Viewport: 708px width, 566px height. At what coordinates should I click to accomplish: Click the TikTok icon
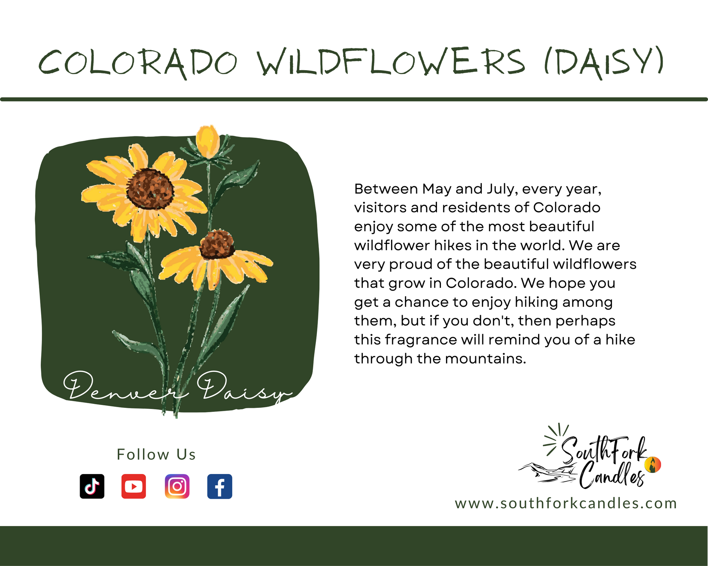(x=92, y=486)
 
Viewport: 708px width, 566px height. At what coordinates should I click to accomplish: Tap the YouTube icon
(x=134, y=486)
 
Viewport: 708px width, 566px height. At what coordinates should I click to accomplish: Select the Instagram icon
(x=177, y=486)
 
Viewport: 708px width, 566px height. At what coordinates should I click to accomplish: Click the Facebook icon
(x=220, y=486)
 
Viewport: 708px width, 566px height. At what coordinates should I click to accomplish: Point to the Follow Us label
(x=156, y=454)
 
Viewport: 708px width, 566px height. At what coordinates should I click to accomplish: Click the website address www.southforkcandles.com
(x=566, y=503)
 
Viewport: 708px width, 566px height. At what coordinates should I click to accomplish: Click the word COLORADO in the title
(x=138, y=63)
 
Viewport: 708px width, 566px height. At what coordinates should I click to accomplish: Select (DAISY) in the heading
(x=604, y=63)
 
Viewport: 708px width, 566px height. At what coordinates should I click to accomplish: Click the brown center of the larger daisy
(x=150, y=189)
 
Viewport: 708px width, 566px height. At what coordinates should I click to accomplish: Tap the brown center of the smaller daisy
(x=217, y=244)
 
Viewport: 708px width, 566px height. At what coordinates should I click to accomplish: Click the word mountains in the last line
(x=485, y=359)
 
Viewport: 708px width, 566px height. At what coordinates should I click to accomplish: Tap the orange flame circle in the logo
(x=652, y=465)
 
